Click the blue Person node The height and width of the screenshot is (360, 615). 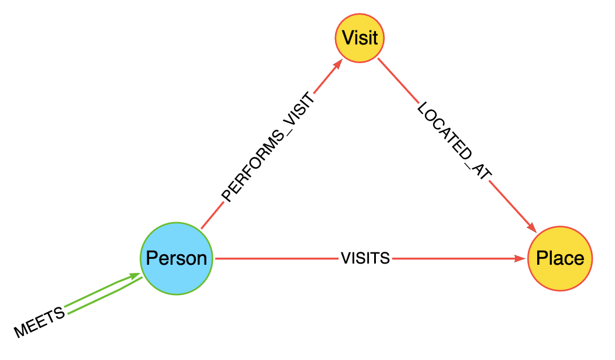(x=177, y=258)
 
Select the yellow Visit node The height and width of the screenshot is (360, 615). (x=360, y=38)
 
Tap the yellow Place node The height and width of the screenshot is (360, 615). (x=559, y=258)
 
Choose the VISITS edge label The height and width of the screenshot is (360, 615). (x=365, y=258)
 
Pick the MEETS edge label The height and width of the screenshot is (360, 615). (x=40, y=322)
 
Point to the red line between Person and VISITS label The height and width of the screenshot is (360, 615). (x=275, y=258)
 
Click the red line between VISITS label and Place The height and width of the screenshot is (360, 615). (x=456, y=258)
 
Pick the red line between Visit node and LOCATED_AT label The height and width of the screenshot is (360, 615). (x=398, y=80)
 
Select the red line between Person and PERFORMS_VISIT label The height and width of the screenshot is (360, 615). (x=212, y=216)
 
